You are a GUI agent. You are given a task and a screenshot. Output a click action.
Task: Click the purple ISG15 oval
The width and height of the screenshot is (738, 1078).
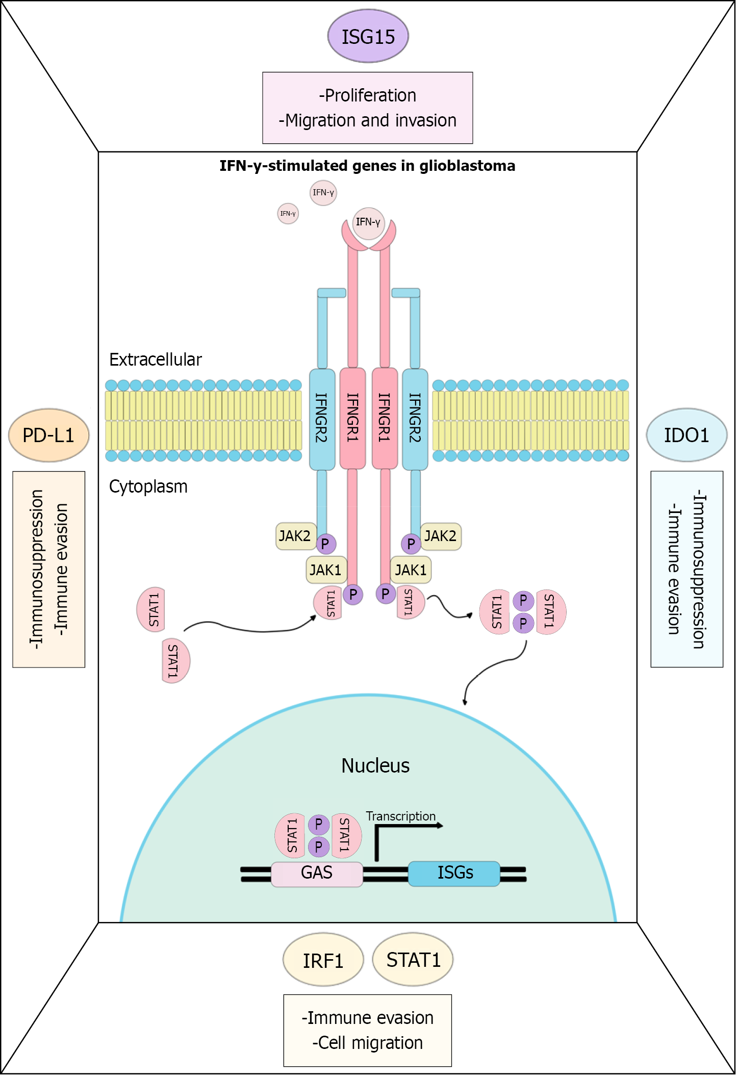(x=368, y=36)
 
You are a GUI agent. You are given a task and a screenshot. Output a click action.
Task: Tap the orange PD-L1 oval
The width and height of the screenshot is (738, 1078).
(x=49, y=435)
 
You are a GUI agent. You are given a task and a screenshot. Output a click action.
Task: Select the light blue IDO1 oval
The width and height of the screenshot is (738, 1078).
(x=686, y=435)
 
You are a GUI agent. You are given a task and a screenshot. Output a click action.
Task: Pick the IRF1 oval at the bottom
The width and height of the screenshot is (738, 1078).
(x=323, y=960)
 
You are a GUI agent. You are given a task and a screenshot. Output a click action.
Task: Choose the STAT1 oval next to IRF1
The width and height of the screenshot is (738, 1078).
(x=413, y=960)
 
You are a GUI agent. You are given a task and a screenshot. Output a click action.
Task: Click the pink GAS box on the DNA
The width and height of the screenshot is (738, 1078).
(x=317, y=873)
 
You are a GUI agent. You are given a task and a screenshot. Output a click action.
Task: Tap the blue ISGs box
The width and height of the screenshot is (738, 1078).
(x=454, y=873)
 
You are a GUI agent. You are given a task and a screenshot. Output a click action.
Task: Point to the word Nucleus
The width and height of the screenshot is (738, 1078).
(x=375, y=765)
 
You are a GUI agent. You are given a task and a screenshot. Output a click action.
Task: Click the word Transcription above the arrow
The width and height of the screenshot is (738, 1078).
(x=400, y=816)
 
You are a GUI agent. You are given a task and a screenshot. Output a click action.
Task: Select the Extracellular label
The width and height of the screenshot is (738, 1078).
(x=156, y=360)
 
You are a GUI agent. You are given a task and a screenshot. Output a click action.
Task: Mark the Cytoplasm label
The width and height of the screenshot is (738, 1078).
(x=148, y=486)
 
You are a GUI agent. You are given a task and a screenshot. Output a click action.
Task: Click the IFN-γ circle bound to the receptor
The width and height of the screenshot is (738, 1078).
(x=368, y=222)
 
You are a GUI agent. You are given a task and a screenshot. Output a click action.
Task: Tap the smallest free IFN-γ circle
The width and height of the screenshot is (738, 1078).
(x=288, y=213)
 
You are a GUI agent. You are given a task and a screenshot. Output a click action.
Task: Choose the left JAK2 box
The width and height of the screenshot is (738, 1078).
(x=295, y=536)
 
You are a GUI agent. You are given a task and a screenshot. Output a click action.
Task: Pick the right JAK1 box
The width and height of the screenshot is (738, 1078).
(x=411, y=570)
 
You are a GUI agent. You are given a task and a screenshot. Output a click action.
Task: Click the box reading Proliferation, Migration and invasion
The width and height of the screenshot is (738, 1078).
(x=367, y=108)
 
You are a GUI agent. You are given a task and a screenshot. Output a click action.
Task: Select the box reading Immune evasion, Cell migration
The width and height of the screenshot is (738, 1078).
(x=367, y=1030)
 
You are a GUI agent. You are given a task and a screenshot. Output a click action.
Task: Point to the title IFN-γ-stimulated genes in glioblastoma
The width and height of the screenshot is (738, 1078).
(x=367, y=166)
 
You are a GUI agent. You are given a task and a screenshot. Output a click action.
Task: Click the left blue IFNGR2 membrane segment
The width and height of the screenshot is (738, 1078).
(x=322, y=418)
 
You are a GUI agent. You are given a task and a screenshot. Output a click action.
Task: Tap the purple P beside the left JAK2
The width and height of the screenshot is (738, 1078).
(x=325, y=544)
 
